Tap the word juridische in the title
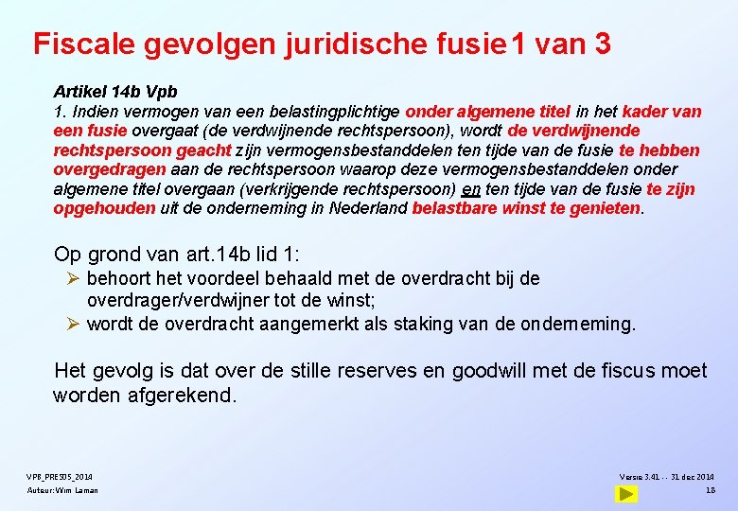[349, 44]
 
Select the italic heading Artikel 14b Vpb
[114, 92]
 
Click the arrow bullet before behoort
[78, 278]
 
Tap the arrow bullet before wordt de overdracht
[78, 324]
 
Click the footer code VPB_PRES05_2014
[60, 476]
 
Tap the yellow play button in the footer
[625, 493]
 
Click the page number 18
[710, 490]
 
